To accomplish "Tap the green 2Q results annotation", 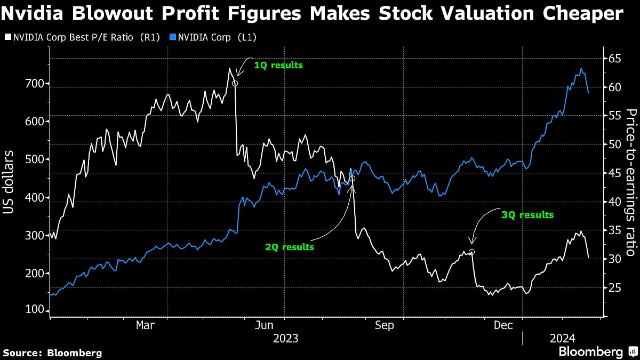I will pos(290,247).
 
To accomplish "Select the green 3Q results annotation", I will pos(527,215).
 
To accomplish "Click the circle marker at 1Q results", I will pos(235,83).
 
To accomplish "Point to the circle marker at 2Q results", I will pos(352,179).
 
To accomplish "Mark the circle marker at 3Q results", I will pos(471,252).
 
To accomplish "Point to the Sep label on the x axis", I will pos(385,325).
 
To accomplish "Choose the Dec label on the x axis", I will pos(503,325).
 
